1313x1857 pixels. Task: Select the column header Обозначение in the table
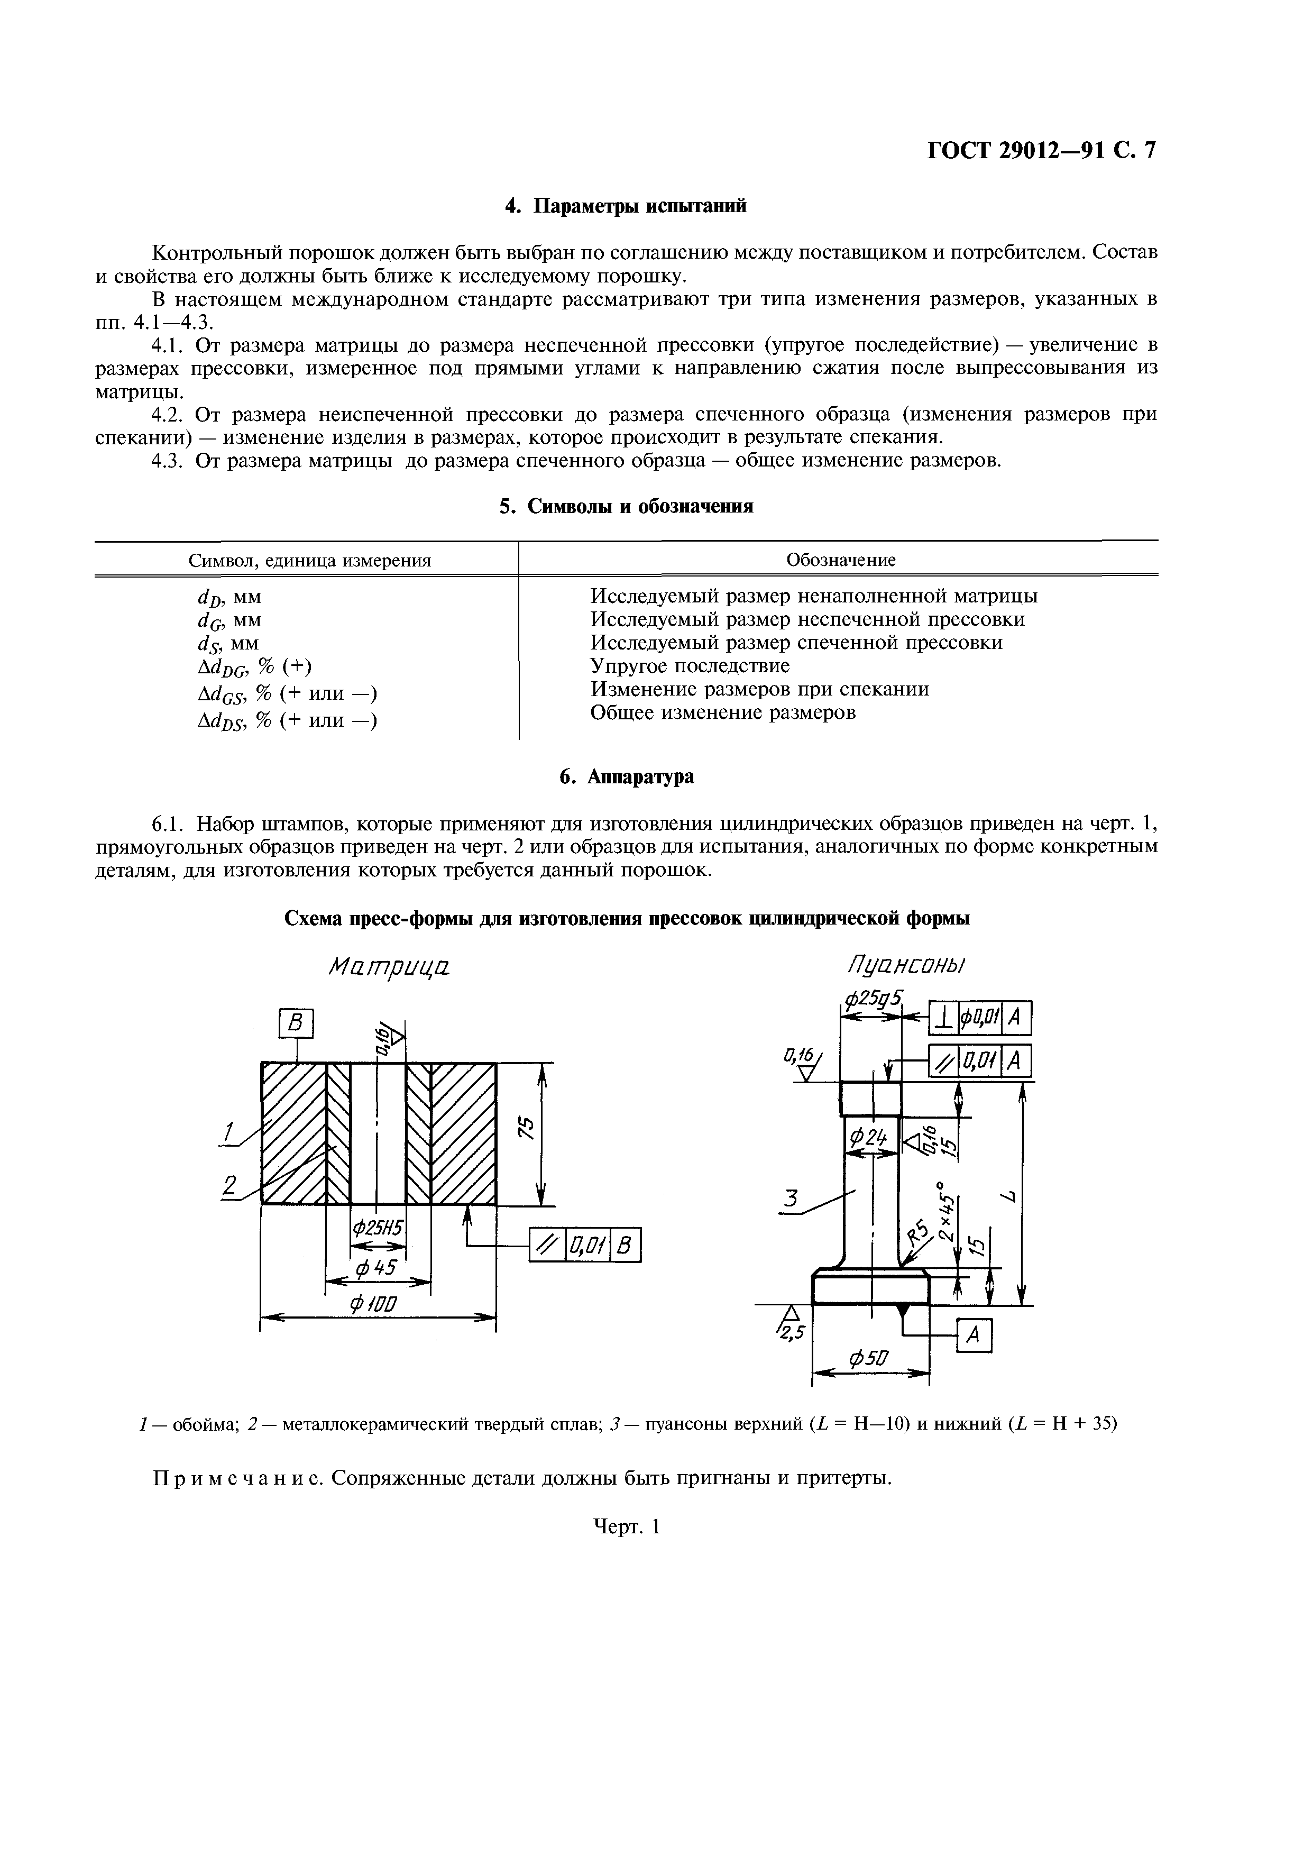pos(841,560)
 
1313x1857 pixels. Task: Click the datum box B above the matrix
pos(296,1024)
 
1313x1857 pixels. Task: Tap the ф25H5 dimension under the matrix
pos(378,1228)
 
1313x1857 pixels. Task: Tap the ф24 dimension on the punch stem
pos(868,1139)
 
